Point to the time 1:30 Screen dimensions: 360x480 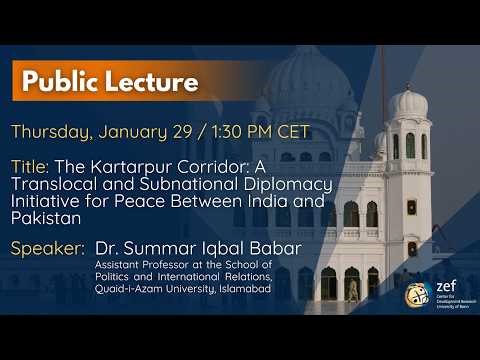228,132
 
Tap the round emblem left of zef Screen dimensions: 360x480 418,295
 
